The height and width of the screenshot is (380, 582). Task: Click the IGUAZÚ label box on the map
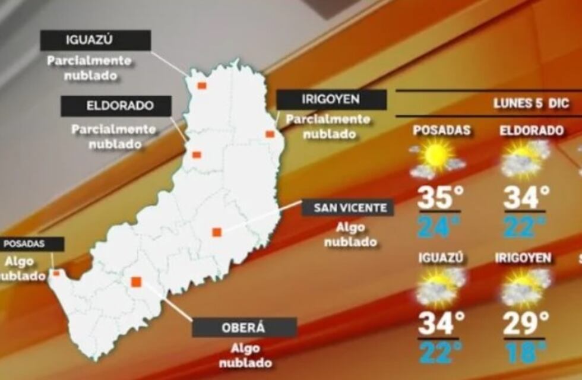tap(95, 40)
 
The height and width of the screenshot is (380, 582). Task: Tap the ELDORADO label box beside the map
tap(116, 106)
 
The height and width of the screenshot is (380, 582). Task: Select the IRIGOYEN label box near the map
tap(331, 100)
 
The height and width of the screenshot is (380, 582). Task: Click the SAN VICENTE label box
tap(347, 208)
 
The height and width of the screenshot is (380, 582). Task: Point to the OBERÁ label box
tap(244, 328)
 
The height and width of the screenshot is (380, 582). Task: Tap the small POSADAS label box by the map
tap(32, 244)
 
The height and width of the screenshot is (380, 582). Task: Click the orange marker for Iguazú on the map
tap(202, 85)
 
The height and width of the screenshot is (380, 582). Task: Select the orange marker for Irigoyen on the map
tap(270, 134)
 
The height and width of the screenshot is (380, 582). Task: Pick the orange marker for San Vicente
tap(217, 232)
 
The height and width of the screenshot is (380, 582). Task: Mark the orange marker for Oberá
tap(137, 281)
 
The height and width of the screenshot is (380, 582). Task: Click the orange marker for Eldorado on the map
tap(197, 155)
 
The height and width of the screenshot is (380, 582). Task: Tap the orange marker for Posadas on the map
tap(56, 273)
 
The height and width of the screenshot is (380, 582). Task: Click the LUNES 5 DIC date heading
tap(532, 103)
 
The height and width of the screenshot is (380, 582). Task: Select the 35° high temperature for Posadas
tap(439, 198)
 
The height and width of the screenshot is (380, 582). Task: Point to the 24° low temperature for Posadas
tap(439, 226)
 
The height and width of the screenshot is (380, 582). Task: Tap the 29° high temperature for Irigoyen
tap(526, 324)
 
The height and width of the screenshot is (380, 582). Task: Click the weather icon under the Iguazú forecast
tap(440, 286)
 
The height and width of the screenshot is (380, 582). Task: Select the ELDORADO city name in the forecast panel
tap(531, 131)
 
